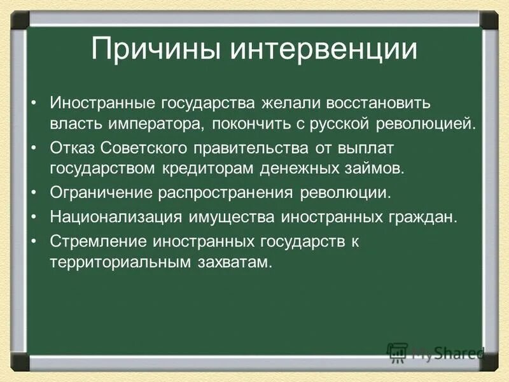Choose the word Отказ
tap(73, 148)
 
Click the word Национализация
tap(116, 217)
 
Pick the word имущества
tap(229, 217)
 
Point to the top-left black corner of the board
tap(19, 19)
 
